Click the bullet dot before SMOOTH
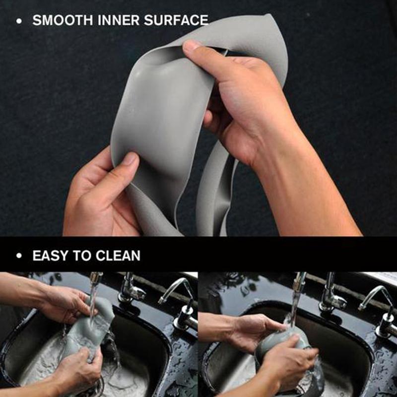pos(19,21)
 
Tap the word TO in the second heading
pos(84,256)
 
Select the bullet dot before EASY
pos(19,257)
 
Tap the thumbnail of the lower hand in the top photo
pos(131,159)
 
